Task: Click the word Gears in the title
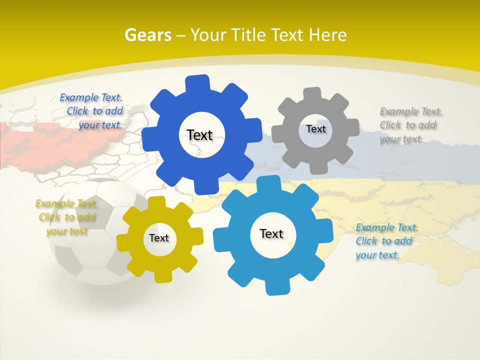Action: pos(147,35)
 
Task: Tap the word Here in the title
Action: pos(327,35)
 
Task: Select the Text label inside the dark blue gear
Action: pos(199,135)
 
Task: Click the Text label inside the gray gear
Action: pos(315,129)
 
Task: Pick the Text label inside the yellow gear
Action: pos(159,238)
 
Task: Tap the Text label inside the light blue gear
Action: pos(271,233)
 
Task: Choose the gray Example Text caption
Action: pos(410,125)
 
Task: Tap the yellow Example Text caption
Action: pos(66,217)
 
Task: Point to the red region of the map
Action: pos(30,142)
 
